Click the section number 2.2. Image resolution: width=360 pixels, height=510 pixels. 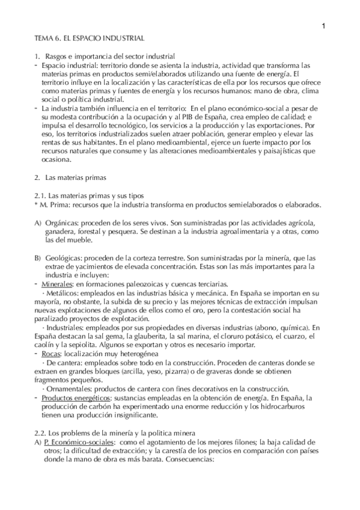(41, 434)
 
